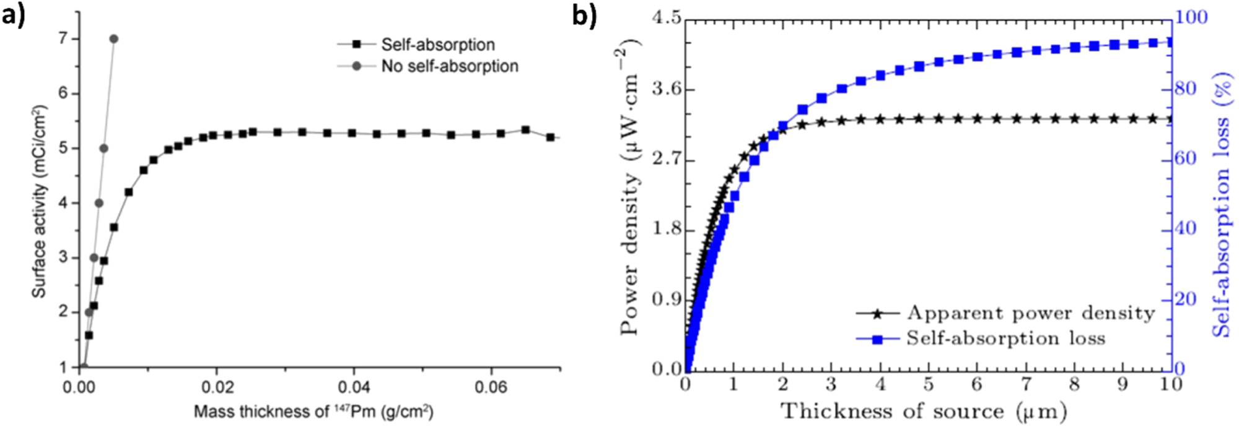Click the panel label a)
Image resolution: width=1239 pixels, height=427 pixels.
click(14, 15)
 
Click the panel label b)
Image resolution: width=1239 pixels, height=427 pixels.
click(584, 15)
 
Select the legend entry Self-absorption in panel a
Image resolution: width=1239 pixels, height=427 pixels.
click(437, 45)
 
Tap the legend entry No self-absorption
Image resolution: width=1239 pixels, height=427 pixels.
click(449, 66)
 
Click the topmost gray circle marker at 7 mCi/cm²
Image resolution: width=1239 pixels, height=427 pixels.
click(113, 39)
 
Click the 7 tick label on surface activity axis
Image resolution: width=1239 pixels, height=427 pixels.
click(62, 40)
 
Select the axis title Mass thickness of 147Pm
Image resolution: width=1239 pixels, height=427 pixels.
click(313, 412)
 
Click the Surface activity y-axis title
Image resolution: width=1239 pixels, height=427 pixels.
click(39, 201)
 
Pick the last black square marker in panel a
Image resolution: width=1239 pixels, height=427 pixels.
click(550, 137)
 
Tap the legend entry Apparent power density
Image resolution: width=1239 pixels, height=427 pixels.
click(1030, 313)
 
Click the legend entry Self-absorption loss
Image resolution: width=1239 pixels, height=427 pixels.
click(1005, 339)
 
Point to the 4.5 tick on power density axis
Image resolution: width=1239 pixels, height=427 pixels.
click(666, 19)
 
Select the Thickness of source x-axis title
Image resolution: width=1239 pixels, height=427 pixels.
click(923, 412)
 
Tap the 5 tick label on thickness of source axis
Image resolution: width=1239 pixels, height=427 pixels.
click(929, 385)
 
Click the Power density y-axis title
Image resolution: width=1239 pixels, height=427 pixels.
click(630, 192)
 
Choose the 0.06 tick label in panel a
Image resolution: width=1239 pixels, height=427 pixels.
click(491, 388)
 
